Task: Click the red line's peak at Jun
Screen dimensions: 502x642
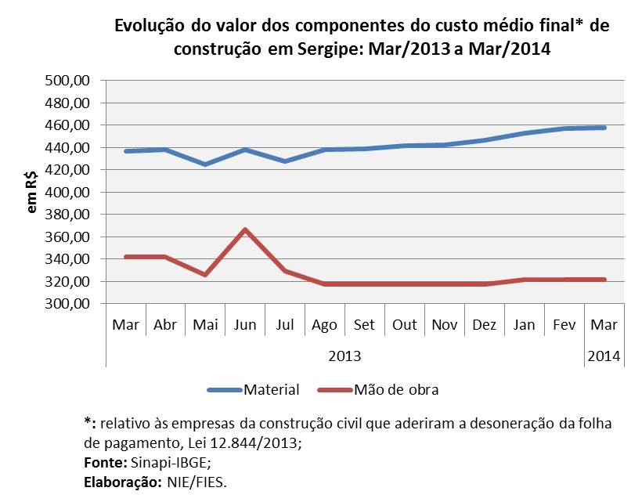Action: pyautogui.click(x=245, y=229)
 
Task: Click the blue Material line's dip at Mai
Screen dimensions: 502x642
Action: pyautogui.click(x=205, y=164)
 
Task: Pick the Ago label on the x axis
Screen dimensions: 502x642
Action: pyautogui.click(x=325, y=325)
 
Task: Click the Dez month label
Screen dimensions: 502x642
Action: pyautogui.click(x=485, y=325)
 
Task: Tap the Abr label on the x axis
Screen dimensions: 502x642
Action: pyautogui.click(x=165, y=325)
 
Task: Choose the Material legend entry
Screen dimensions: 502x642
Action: pyautogui.click(x=272, y=389)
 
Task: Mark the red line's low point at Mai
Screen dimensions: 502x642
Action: pyautogui.click(x=205, y=275)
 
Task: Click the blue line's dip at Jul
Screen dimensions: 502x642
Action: pyautogui.click(x=285, y=161)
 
